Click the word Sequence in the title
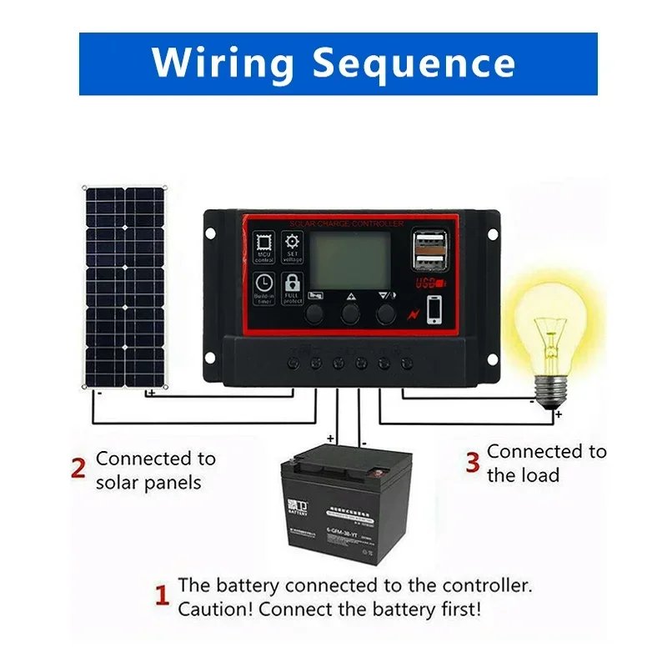[x=414, y=63]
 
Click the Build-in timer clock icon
[x=263, y=286]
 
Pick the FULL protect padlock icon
[x=292, y=286]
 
